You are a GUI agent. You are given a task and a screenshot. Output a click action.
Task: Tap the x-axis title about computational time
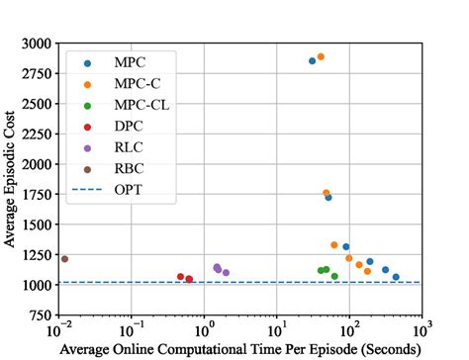[x=241, y=350]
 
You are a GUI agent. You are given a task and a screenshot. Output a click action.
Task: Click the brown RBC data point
[x=64, y=259]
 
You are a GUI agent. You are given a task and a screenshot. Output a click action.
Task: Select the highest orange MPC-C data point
[x=321, y=57]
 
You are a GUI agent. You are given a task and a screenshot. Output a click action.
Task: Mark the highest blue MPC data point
[x=312, y=61]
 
